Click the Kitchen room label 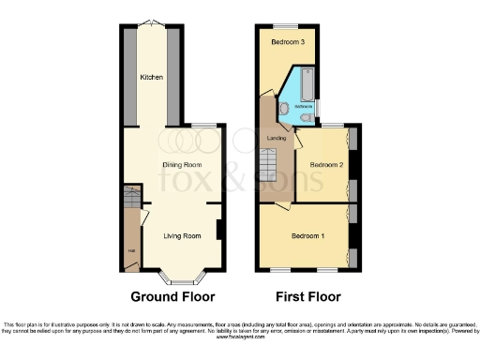pyautogui.click(x=150, y=77)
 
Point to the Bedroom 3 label pyautogui.click(x=288, y=43)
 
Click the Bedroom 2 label pyautogui.click(x=325, y=164)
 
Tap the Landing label pyautogui.click(x=277, y=139)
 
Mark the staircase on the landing pyautogui.click(x=270, y=167)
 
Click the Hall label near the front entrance pyautogui.click(x=130, y=249)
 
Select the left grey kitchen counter pyautogui.click(x=128, y=75)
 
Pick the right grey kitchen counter pyautogui.click(x=172, y=75)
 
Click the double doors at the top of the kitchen pyautogui.click(x=151, y=23)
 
